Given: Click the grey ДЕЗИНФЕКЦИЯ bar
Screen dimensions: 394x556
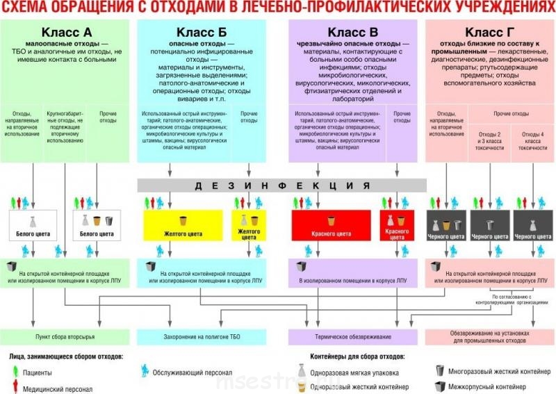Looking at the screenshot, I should [281, 185].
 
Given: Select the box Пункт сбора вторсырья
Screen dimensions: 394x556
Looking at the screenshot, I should [65, 335].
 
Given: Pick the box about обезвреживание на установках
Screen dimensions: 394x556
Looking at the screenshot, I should [489, 336].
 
